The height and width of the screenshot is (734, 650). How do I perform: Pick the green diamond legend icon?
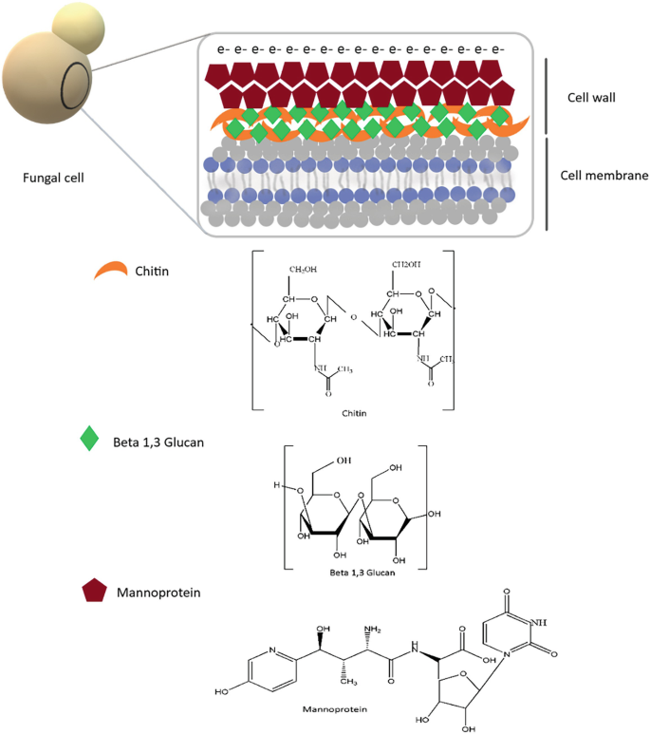pyautogui.click(x=89, y=438)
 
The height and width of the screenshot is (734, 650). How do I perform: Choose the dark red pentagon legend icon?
pyautogui.click(x=92, y=592)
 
